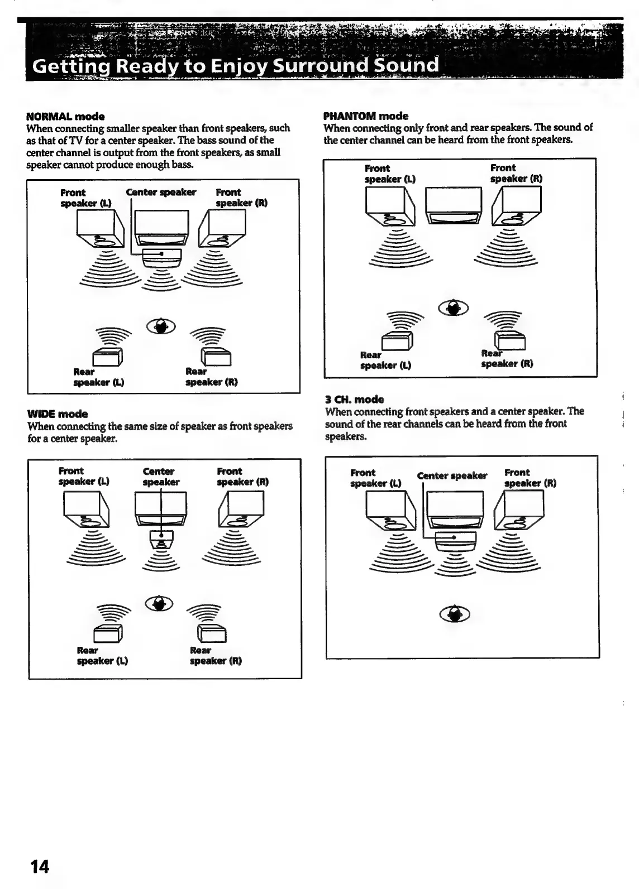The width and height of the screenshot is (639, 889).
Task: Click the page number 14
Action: (x=40, y=867)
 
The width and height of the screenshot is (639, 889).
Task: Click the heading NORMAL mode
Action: (x=65, y=117)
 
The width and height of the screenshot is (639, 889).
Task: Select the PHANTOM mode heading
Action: (x=366, y=116)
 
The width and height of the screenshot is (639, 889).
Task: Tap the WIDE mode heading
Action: (x=58, y=414)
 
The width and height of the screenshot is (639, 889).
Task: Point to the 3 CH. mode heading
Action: (x=354, y=400)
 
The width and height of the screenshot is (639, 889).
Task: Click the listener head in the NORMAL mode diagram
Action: (x=161, y=326)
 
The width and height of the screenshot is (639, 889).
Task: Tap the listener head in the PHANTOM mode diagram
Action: (x=454, y=307)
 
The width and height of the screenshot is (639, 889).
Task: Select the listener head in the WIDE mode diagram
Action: (x=160, y=603)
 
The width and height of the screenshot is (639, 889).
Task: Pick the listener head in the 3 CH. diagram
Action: (x=456, y=614)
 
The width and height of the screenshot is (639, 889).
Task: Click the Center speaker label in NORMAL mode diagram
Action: (x=161, y=193)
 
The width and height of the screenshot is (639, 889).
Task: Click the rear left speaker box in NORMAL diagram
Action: (x=107, y=356)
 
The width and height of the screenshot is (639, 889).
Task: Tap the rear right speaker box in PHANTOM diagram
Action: (x=509, y=340)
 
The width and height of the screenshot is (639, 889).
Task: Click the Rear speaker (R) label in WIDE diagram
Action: (x=216, y=656)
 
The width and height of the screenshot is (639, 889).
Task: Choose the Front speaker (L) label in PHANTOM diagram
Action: (x=389, y=174)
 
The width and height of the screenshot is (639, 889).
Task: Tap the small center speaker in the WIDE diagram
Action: (x=161, y=538)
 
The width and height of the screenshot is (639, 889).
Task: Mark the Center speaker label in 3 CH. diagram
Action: (x=452, y=476)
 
